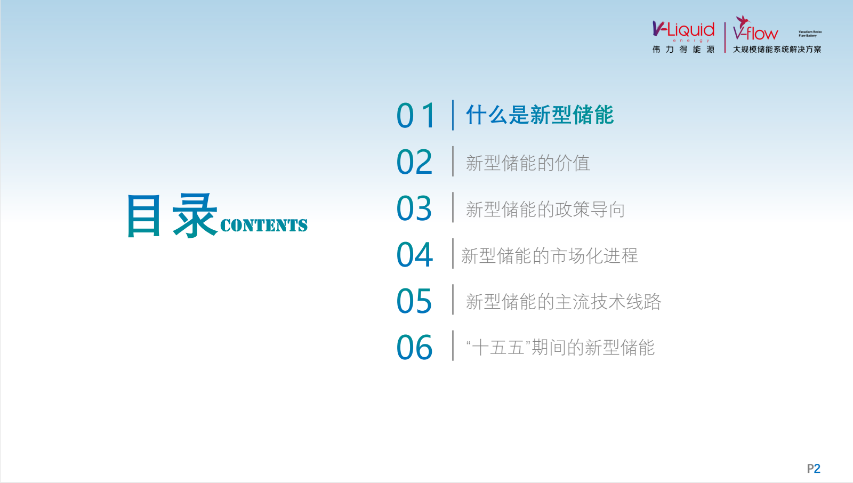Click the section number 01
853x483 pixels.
pyautogui.click(x=415, y=115)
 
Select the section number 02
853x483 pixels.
pyautogui.click(x=414, y=162)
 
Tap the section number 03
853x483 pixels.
pyautogui.click(x=414, y=208)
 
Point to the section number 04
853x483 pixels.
pyautogui.click(x=414, y=254)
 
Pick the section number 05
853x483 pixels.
pyautogui.click(x=414, y=301)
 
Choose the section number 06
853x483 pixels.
pyautogui.click(x=414, y=348)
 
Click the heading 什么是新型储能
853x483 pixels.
pyautogui.click(x=540, y=115)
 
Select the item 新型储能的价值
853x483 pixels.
pyautogui.click(x=528, y=163)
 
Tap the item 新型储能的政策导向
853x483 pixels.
pyautogui.click(x=545, y=210)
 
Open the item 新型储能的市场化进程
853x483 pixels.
pyautogui.click(x=550, y=255)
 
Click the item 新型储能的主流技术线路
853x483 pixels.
pyautogui.click(x=564, y=302)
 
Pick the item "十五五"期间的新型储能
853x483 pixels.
pyautogui.click(x=560, y=348)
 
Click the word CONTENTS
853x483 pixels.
pyautogui.click(x=264, y=226)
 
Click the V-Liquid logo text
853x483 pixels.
pyautogui.click(x=683, y=30)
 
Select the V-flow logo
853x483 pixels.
pyautogui.click(x=755, y=28)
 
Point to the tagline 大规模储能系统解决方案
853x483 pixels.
pyautogui.click(x=777, y=50)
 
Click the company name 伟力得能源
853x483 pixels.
pyautogui.click(x=683, y=50)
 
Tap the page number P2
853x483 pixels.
pyautogui.click(x=814, y=469)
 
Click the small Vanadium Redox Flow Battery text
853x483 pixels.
pyautogui.click(x=810, y=34)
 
